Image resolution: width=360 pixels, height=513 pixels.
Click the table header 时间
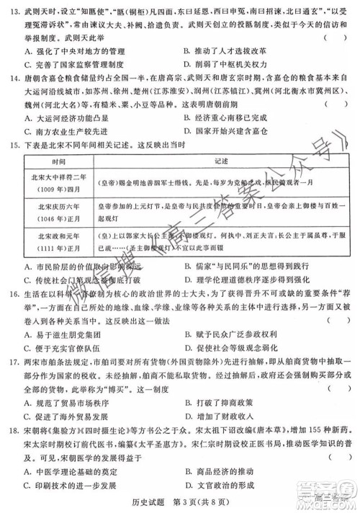[x=63, y=181]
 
